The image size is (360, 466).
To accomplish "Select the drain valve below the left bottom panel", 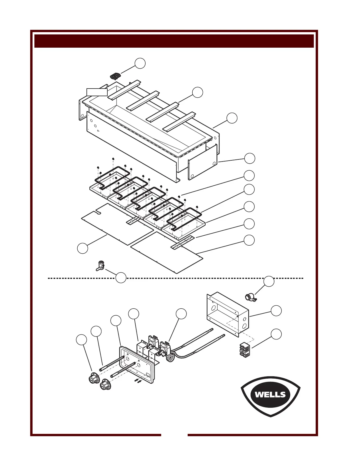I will pos(100,265).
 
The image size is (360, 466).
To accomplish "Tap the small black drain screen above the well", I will pos(116,76).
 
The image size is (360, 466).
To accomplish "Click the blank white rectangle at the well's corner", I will pos(97,92).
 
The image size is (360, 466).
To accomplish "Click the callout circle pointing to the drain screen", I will pos(140,63).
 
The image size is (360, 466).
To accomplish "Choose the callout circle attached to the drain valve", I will pos(121,278).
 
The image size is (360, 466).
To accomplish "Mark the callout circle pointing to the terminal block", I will pos(276,334).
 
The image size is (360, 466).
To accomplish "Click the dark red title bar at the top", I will pos(174,41).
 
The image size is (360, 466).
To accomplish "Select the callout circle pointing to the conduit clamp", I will pos(269,282).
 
